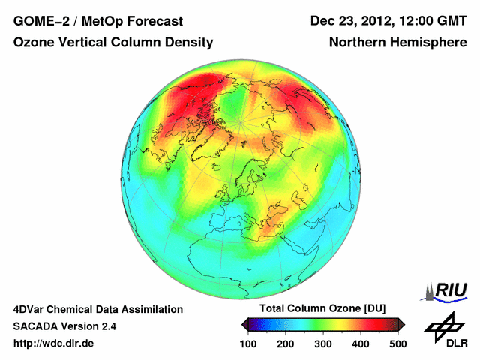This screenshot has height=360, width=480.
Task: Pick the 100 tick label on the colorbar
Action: pyautogui.click(x=248, y=343)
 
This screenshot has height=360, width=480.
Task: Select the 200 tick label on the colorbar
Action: pyautogui.click(x=286, y=343)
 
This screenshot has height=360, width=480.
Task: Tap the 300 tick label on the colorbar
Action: pyautogui.click(x=323, y=343)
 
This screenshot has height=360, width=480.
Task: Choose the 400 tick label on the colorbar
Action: pyautogui.click(x=361, y=343)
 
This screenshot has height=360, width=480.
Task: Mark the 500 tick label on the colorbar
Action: pyautogui.click(x=397, y=343)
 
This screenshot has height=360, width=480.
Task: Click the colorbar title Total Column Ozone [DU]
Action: pyautogui.click(x=323, y=309)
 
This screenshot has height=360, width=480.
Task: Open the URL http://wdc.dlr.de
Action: pyautogui.click(x=54, y=343)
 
